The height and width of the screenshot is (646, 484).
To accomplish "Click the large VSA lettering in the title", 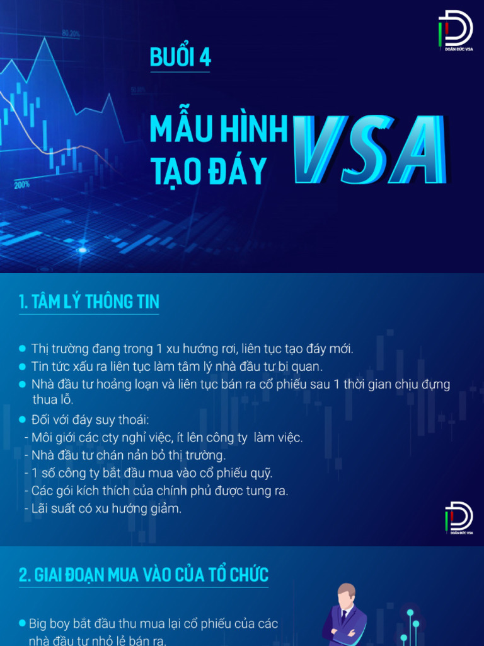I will [369, 151].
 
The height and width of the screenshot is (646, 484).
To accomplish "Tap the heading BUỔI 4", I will [180, 58].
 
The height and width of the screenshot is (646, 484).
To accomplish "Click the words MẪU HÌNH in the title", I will [218, 129].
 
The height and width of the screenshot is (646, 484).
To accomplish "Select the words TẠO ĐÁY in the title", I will [208, 170].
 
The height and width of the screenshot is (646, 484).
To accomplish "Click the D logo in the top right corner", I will [456, 28].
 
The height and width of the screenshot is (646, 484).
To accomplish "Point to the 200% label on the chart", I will [21, 185].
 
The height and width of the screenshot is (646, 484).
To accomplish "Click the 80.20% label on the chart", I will [71, 33].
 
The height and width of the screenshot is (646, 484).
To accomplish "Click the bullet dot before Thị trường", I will [23, 348].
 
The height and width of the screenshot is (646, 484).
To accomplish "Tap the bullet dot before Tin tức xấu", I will [23, 366].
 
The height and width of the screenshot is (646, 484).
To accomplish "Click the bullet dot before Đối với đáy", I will [23, 420].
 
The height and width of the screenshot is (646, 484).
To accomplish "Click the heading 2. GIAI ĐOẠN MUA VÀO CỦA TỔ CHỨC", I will [144, 575].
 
